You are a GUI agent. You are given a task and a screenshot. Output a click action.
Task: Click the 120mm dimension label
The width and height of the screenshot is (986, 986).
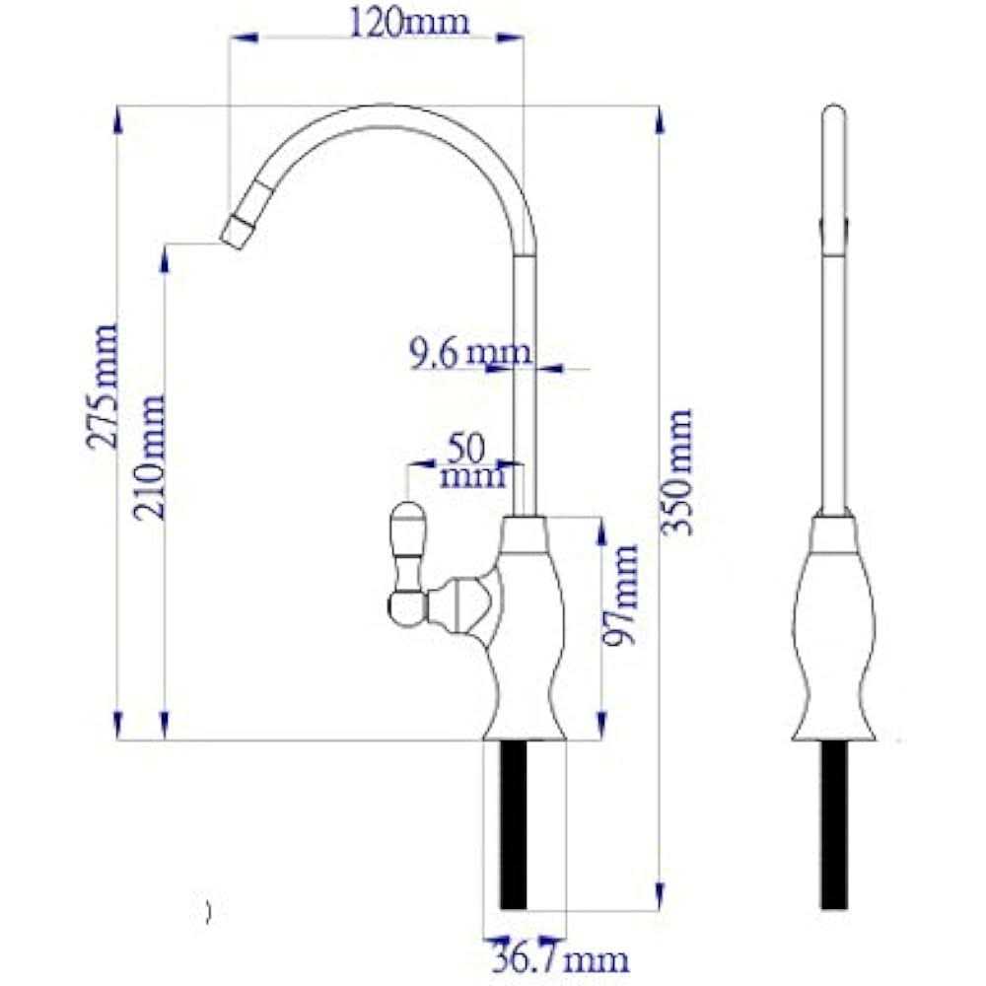tap(409, 23)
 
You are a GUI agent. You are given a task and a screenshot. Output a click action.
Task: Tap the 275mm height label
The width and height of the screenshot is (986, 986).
tap(103, 386)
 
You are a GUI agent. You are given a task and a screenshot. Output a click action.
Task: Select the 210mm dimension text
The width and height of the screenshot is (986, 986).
tap(149, 458)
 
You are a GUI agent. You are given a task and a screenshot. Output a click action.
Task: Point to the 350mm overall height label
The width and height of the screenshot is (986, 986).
tap(677, 471)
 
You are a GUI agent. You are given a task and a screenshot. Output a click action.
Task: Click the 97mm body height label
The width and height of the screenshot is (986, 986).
tap(621, 595)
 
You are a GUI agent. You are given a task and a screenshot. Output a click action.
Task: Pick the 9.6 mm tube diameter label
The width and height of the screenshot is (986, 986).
tap(470, 353)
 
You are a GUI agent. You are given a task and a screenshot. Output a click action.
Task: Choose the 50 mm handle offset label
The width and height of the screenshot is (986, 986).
tap(470, 462)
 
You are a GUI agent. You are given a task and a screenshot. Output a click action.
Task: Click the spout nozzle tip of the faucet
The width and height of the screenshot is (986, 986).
tap(234, 235)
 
